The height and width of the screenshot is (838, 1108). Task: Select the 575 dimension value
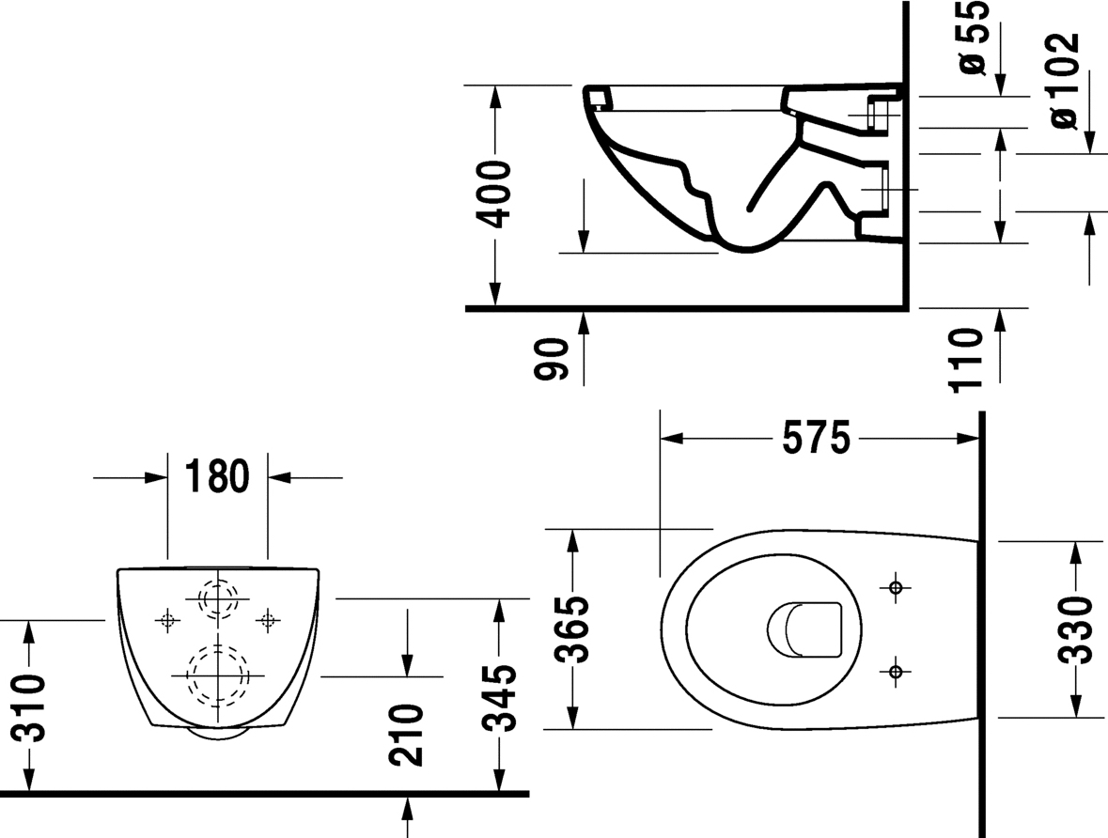816,438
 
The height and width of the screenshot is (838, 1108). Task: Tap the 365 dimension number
570,628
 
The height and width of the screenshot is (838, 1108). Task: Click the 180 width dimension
217,477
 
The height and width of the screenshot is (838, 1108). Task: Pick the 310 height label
30,706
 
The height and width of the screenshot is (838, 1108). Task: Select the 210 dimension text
408,734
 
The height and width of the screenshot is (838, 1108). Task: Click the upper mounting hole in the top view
895,587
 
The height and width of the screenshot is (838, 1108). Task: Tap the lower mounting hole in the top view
895,671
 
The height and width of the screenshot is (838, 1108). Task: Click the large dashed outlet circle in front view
217,674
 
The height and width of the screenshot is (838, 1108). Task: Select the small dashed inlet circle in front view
217,598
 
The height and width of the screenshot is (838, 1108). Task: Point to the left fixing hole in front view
168,619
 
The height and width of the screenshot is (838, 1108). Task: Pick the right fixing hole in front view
268,619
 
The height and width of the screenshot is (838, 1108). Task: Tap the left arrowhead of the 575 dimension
670,438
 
